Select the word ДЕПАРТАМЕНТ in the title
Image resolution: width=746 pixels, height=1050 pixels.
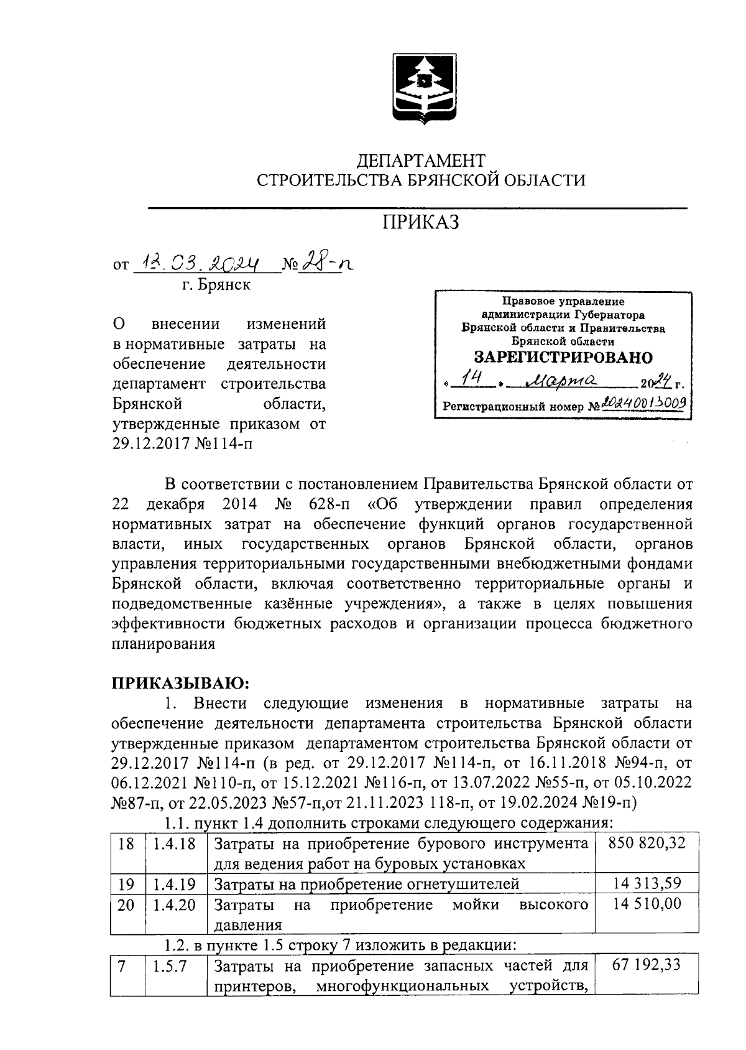click(420, 161)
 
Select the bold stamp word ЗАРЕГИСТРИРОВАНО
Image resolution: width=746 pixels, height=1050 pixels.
click(563, 357)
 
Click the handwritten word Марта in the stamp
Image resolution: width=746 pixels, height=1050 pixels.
click(561, 381)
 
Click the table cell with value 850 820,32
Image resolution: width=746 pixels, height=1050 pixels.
click(645, 844)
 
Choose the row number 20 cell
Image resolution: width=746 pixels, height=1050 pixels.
click(126, 904)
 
